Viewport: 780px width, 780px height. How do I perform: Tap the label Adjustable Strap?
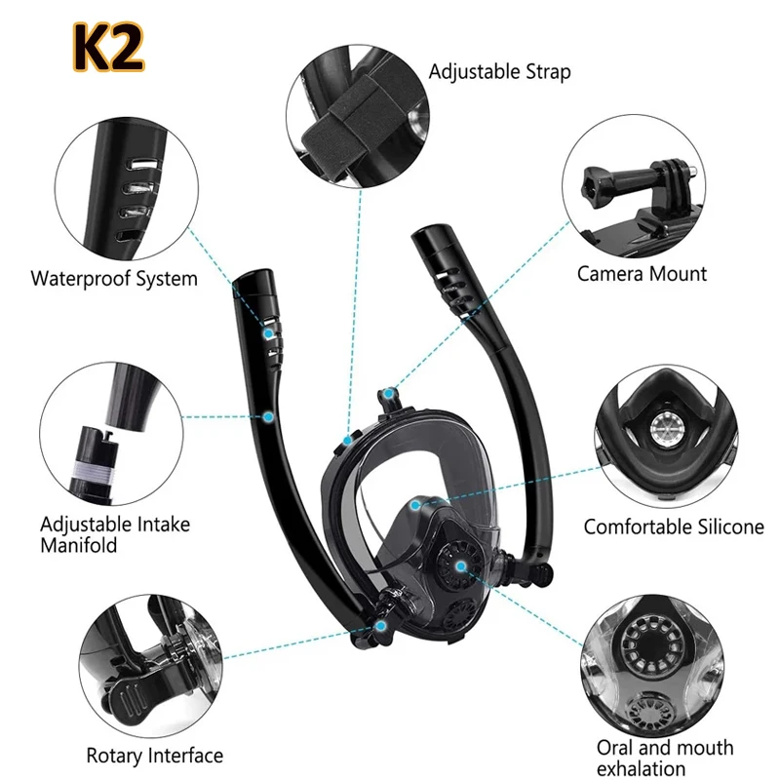[x=499, y=71]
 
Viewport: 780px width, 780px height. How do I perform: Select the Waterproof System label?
[x=114, y=279]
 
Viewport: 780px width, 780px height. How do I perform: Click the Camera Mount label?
[x=642, y=274]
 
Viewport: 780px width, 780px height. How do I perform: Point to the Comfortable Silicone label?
[x=674, y=527]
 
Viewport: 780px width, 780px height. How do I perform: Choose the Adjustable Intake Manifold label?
[x=115, y=534]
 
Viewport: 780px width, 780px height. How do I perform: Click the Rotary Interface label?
[x=154, y=756]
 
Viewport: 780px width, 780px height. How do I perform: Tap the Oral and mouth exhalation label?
[x=665, y=759]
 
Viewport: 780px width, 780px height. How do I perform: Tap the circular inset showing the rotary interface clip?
[x=147, y=665]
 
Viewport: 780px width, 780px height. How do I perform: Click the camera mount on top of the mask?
[x=389, y=399]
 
